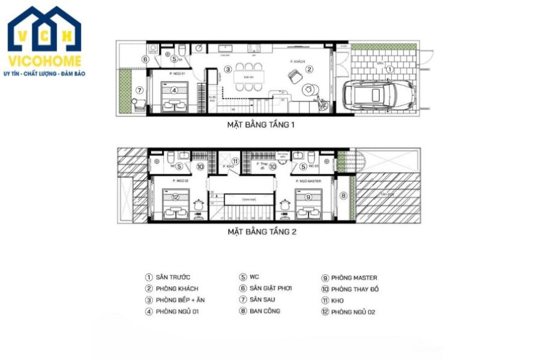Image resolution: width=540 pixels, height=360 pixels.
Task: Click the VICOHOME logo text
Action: [x=45, y=61]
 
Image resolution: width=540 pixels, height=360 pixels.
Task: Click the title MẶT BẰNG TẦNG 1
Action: [x=260, y=125]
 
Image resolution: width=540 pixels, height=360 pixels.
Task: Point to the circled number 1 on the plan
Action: [x=388, y=69]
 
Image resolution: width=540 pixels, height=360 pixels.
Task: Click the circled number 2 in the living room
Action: [x=309, y=69]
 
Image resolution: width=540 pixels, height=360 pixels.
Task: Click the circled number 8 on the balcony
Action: [x=343, y=195]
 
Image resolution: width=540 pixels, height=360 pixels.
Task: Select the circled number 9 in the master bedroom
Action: [x=308, y=196]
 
